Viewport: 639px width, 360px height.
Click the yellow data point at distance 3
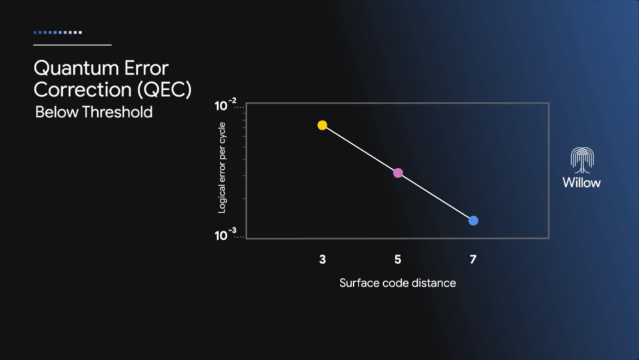click(322, 125)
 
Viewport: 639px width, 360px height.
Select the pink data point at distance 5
click(398, 173)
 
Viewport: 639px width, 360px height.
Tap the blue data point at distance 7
click(473, 221)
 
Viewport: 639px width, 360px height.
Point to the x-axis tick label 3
click(322, 259)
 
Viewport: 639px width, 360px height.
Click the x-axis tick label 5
click(398, 259)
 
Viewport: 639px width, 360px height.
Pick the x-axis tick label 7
click(472, 259)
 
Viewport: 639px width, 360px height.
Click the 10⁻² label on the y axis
click(225, 105)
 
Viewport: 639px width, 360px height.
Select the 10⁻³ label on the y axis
click(225, 234)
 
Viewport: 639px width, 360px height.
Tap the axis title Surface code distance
click(397, 283)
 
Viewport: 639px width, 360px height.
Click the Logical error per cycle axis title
click(222, 167)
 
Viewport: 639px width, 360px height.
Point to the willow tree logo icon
click(582, 160)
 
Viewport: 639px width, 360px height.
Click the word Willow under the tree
click(582, 182)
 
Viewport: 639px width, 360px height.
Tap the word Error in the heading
click(147, 68)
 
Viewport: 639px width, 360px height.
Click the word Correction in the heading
click(83, 90)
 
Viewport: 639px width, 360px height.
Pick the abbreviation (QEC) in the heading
click(165, 90)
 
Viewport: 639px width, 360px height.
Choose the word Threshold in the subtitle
click(117, 112)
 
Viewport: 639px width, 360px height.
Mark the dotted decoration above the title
click(57, 32)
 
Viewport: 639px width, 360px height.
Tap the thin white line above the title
click(73, 45)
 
